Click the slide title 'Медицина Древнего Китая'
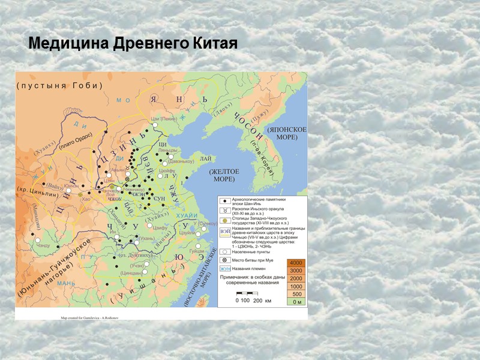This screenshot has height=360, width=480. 133,44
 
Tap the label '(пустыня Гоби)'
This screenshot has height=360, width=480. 60,85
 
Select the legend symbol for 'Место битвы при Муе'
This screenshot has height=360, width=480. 223,260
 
